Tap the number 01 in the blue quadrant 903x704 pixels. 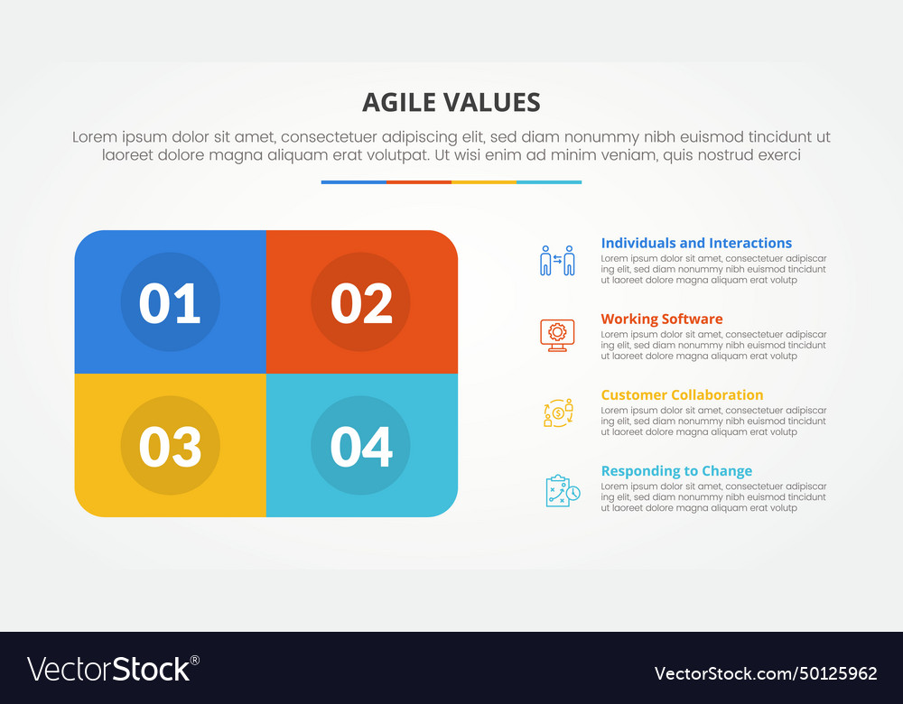click(170, 303)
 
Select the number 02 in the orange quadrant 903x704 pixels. click(361, 303)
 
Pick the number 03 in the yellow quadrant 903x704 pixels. click(170, 446)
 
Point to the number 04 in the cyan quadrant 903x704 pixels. click(361, 446)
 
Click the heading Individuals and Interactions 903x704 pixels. click(696, 243)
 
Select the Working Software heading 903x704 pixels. click(661, 319)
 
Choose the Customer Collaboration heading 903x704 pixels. click(682, 394)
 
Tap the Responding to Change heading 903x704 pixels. click(676, 470)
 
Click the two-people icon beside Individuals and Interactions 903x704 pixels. click(557, 260)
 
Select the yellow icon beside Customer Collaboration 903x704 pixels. click(557, 412)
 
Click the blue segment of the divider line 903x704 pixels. click(353, 182)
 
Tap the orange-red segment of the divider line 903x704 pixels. click(419, 182)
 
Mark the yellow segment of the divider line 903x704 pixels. click(484, 182)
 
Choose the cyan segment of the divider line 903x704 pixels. click(549, 182)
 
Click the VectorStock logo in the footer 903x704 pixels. click(113, 669)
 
